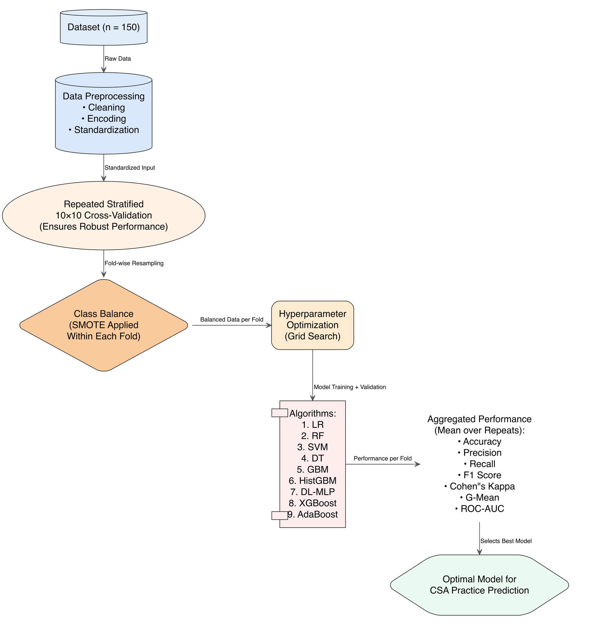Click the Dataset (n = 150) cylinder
tap(104, 27)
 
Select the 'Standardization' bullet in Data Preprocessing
tap(104, 130)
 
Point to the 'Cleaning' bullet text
tap(104, 108)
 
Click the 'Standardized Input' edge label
tap(130, 168)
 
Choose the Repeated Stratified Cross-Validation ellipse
tap(104, 216)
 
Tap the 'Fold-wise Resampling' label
tap(134, 264)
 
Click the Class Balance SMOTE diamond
tap(104, 325)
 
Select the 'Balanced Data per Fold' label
tap(231, 320)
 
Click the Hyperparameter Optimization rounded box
tap(312, 325)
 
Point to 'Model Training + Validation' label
tap(350, 387)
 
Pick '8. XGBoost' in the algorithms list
tap(312, 503)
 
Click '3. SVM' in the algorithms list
tap(312, 447)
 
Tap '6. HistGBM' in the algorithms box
tap(312, 481)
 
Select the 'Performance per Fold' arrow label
tap(382, 459)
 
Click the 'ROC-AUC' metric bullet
tap(480, 509)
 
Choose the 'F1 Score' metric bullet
tap(480, 475)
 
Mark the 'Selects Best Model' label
tap(506, 541)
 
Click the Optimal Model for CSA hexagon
tap(480, 585)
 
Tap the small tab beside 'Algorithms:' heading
tap(280, 413)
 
